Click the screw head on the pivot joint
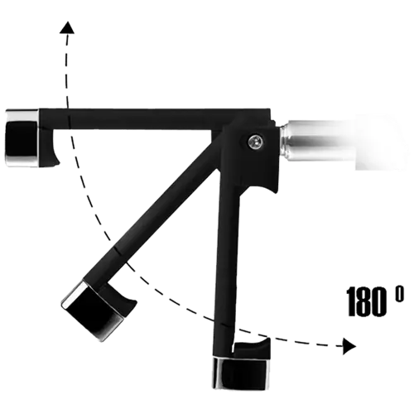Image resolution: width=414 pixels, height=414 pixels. pos(255,142)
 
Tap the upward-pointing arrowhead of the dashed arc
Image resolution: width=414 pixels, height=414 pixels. pos(67,27)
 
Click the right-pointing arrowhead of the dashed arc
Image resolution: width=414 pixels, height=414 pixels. pos(349,346)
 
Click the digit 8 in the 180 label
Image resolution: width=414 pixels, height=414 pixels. pos(365,301)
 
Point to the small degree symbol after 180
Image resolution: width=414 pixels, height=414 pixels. pos(399,294)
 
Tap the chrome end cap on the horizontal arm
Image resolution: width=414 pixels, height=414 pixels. pos(22,138)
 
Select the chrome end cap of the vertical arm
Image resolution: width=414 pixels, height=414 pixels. pos(241,373)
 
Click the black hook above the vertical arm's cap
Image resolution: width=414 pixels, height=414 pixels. pos(253,349)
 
